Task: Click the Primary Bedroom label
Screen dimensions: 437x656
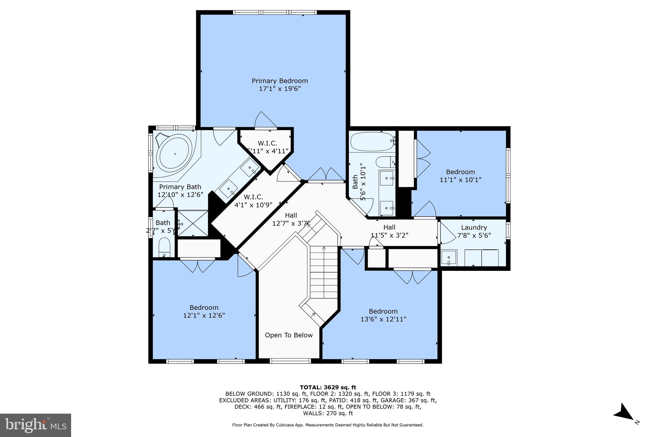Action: click(x=280, y=81)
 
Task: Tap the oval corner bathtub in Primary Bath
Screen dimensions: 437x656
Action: click(x=175, y=154)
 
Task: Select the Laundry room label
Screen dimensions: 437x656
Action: click(x=474, y=228)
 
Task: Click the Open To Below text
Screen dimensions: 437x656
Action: click(x=289, y=335)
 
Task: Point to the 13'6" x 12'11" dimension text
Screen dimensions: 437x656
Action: click(x=383, y=319)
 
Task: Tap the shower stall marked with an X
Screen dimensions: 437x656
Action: click(x=193, y=223)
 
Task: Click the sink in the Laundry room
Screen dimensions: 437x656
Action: click(x=449, y=257)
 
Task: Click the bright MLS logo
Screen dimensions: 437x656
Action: click(x=36, y=425)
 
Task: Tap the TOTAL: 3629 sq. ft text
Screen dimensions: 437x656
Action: click(x=328, y=387)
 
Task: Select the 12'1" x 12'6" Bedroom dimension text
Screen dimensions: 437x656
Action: click(x=204, y=315)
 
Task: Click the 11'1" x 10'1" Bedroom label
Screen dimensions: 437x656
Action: click(x=460, y=172)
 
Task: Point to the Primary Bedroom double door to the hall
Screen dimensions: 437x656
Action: click(x=326, y=174)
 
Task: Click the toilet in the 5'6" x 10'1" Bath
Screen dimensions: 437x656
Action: click(x=386, y=162)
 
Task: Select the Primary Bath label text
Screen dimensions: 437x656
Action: click(x=180, y=187)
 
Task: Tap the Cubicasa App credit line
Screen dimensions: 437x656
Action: click(x=328, y=425)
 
